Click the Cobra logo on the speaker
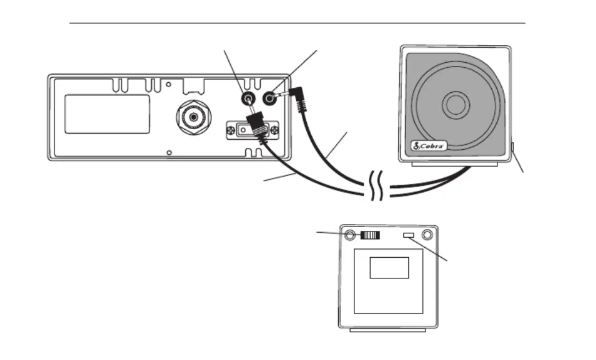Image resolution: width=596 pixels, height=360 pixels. pos(429,146)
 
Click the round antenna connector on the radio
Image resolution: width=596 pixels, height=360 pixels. pos(194,117)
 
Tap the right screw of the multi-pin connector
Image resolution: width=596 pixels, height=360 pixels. pos(274,130)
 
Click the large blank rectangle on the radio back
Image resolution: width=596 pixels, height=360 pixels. pos(107,114)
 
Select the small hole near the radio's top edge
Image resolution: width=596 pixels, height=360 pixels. pos(168,85)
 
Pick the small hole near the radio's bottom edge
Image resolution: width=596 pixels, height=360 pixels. pos(169,152)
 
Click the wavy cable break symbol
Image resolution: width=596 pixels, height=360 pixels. pos(376,186)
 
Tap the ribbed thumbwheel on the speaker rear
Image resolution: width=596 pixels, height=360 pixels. pos(370,235)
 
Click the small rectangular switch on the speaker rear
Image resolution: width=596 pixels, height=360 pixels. pos(408,235)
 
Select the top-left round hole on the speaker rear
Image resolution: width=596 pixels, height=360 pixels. pos(349,235)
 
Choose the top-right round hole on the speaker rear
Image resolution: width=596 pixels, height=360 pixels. pos(427,235)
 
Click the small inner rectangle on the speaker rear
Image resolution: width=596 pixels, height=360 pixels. pos(389,268)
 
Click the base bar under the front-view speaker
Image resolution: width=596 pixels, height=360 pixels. pos(455,164)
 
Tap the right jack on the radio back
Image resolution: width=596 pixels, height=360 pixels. pos(270,99)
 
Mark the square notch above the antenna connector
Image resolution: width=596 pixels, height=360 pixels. pos(194,87)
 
